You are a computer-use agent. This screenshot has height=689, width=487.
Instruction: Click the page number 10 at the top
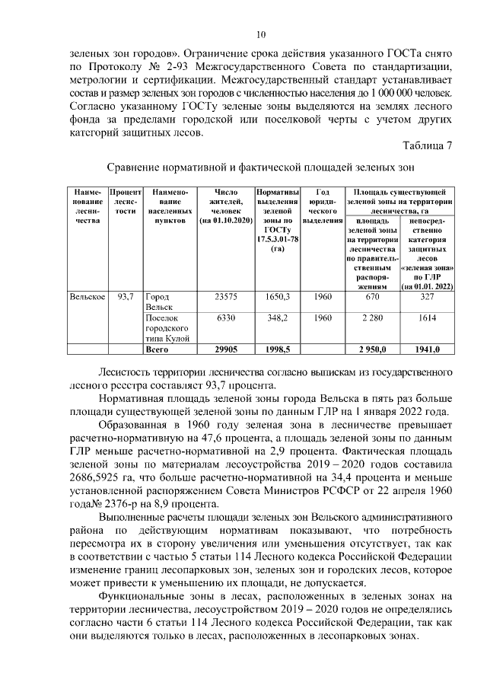(260, 34)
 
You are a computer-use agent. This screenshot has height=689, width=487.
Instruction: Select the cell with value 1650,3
(277, 297)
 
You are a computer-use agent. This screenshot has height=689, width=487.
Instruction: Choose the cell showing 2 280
(372, 317)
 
